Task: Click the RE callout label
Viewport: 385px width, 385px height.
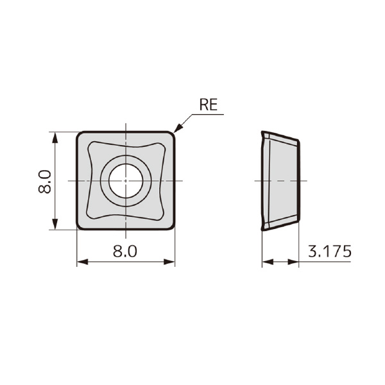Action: pos(209,105)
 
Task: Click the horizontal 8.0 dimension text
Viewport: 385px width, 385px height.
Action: pos(125,251)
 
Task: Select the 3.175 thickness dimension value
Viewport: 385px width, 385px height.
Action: pos(329,251)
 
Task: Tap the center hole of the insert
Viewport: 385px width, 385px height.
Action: pos(126,180)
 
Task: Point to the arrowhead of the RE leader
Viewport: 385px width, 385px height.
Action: pos(176,130)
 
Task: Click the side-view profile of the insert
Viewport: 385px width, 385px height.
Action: pos(280,180)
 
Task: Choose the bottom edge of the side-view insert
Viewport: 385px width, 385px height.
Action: pos(281,224)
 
